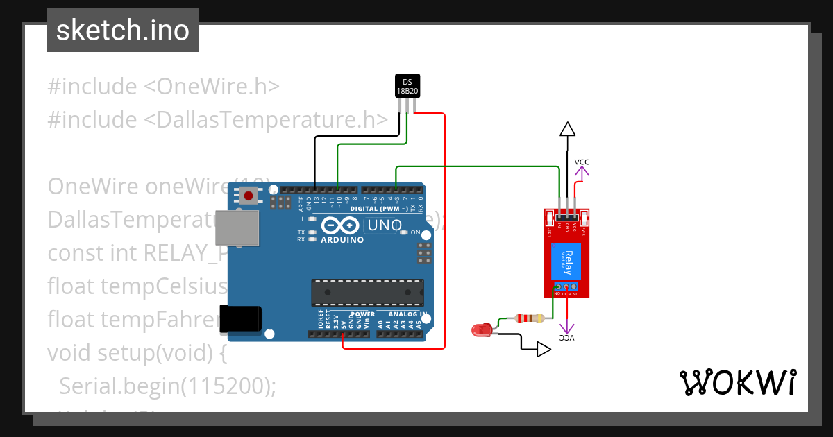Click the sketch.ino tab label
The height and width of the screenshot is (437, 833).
123,31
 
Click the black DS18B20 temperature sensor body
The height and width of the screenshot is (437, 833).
407,86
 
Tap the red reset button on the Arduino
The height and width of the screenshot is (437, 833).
249,196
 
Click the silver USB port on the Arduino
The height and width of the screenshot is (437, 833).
237,228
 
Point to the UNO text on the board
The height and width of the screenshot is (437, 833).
384,225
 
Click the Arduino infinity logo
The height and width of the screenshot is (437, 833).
340,226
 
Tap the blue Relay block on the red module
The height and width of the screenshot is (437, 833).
566,262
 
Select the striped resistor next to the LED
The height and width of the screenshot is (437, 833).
529,318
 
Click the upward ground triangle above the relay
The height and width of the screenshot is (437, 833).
568,129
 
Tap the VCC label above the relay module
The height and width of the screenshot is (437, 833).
582,162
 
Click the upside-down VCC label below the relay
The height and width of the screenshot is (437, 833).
568,338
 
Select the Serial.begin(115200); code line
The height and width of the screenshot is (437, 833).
167,386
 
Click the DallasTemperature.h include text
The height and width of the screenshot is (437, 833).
266,119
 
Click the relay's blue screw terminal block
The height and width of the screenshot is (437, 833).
566,286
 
